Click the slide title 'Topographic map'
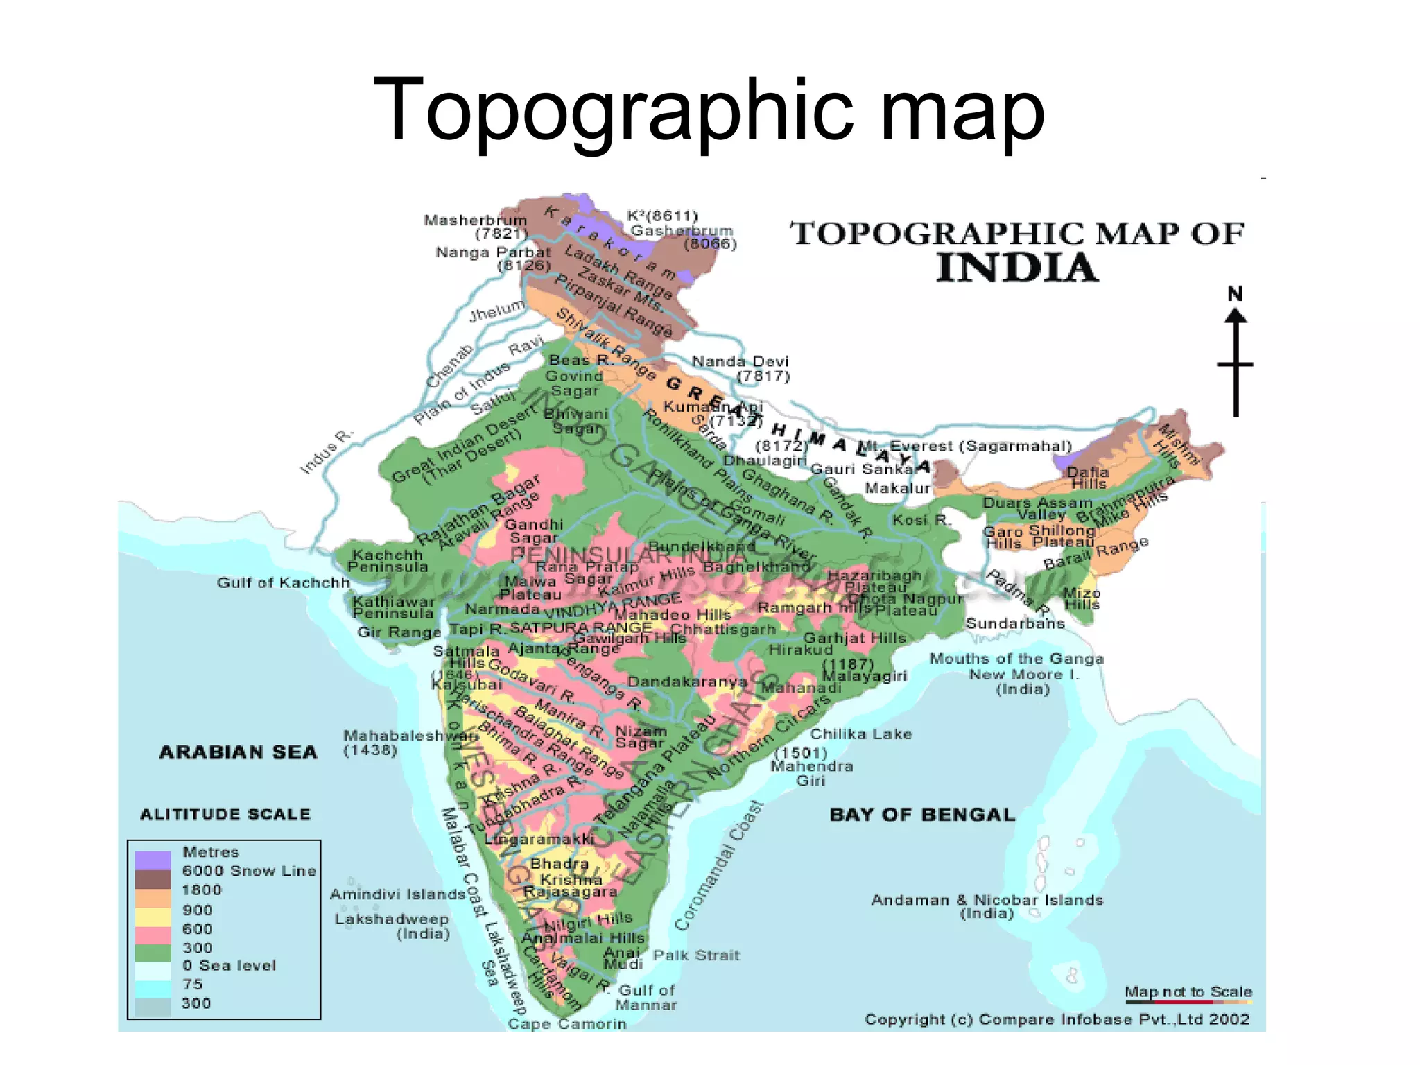tap(709, 111)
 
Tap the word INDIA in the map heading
tap(1017, 268)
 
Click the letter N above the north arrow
tap(1235, 294)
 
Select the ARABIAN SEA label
tap(238, 752)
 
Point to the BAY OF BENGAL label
tap(922, 815)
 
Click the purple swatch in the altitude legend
tap(153, 860)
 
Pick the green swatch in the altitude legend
tap(153, 953)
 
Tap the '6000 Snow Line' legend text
tap(249, 871)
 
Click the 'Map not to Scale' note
tap(1188, 992)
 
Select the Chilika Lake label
tap(861, 734)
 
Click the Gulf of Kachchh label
tap(283, 582)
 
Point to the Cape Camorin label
tap(566, 1024)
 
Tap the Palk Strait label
tap(696, 955)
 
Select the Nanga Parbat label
tap(493, 252)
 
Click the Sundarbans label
tap(1015, 623)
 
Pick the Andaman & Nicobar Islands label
tap(987, 900)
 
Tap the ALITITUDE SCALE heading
tap(225, 814)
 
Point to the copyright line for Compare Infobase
tap(1057, 1019)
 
